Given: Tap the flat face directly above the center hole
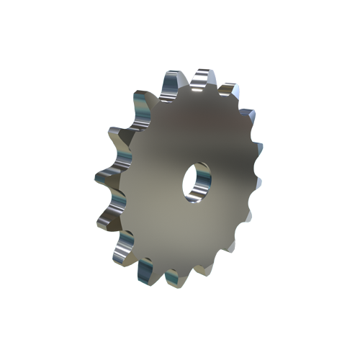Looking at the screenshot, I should click(198, 130).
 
